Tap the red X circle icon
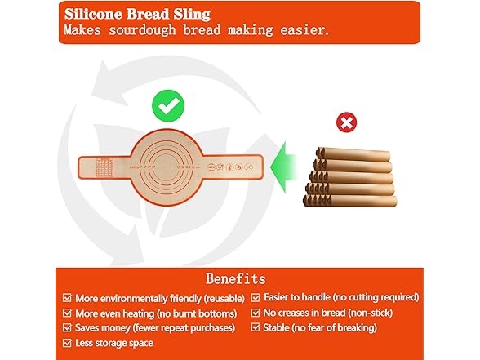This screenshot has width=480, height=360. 346,123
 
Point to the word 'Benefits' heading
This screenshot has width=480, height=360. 235,279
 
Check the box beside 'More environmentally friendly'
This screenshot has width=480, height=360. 68,297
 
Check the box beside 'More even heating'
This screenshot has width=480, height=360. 68,313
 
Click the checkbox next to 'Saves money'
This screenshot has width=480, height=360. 68,328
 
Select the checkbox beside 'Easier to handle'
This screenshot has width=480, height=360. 256,297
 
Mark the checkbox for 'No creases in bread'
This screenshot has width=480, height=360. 256,313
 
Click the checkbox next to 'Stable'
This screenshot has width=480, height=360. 256,328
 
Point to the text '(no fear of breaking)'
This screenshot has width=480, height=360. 336,328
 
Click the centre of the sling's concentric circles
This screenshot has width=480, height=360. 169,167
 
